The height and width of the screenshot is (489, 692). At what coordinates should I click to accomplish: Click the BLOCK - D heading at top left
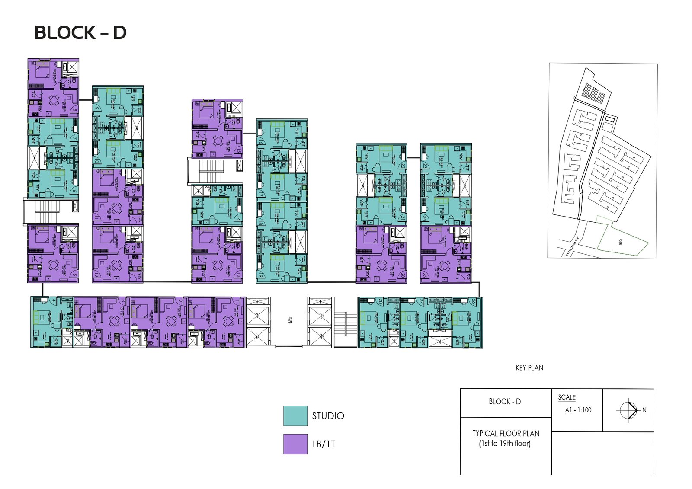coord(80,33)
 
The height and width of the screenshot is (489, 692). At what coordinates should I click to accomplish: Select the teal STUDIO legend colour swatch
coord(295,416)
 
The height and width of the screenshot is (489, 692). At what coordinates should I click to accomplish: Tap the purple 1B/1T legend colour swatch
coord(295,444)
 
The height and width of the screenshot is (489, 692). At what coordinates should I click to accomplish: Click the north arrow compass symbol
coord(628,410)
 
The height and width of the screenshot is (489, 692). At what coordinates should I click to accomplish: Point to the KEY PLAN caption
coord(529,368)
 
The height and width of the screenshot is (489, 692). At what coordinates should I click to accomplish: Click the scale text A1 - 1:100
coord(578,410)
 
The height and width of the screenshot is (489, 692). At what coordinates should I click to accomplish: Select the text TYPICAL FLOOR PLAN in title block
coord(506,433)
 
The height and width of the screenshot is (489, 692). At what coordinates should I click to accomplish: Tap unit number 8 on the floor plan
coord(75,110)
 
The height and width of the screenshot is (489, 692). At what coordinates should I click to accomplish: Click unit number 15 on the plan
coord(239,151)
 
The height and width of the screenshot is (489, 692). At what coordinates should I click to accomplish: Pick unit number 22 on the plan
coord(403,166)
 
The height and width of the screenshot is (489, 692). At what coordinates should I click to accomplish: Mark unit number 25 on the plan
coord(425,275)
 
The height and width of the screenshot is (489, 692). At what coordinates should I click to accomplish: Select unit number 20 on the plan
coord(403,275)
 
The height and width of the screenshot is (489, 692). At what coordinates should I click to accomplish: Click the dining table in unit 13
coord(218,264)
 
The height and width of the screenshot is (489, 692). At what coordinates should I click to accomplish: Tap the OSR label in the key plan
coord(620,241)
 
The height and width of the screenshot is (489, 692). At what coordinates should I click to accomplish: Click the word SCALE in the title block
coord(567,397)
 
